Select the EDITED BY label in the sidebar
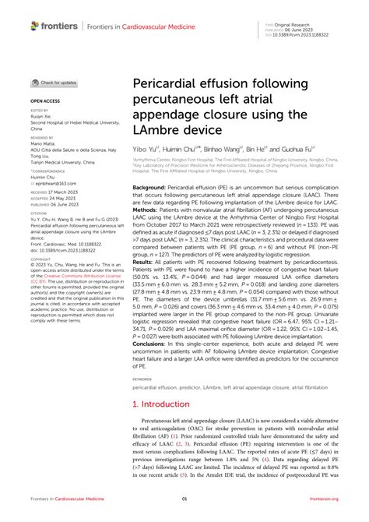click(40, 111)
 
